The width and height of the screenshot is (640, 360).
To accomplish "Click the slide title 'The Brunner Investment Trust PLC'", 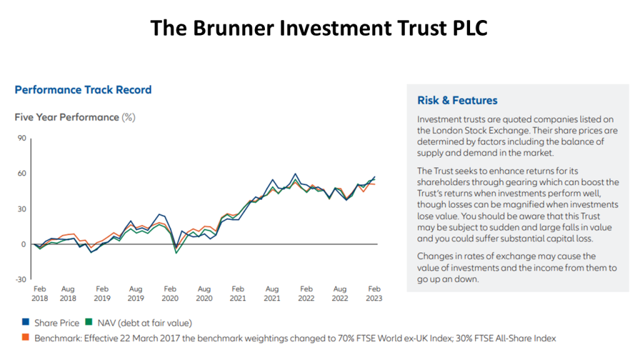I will coord(319,28).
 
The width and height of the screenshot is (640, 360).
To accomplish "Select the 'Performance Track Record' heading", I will coord(83,89).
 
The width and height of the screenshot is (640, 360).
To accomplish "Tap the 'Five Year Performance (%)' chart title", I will coord(75,117).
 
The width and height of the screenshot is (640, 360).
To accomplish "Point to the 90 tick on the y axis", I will coord(21,138).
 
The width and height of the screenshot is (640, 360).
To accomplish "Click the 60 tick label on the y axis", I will coord(21,173).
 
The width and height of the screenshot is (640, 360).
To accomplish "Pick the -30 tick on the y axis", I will coord(20,279).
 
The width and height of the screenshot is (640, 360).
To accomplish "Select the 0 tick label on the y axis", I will coord(23,244).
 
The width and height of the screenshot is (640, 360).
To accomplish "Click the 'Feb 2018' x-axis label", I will coord(39,294).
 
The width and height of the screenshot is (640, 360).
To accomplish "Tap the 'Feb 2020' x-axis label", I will coord(170,294).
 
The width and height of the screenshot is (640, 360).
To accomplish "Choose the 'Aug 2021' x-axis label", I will coord(272,294).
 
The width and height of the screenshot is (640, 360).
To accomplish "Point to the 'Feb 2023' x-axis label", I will coord(374,294).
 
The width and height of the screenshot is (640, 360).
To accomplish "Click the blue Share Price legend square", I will coord(26,323).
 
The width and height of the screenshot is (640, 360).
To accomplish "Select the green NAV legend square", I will coord(88,323).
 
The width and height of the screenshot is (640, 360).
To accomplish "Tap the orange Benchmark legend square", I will coord(26,338).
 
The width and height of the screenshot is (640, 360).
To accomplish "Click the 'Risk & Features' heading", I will coord(457,100).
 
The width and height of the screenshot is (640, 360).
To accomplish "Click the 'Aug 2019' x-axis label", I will coord(136,294).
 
